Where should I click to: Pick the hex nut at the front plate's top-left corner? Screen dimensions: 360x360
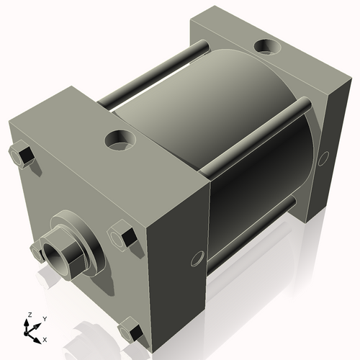tap(21, 155)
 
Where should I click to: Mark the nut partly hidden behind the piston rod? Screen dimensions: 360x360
tap(37, 251)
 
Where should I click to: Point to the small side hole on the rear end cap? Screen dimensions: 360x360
tap(323, 156)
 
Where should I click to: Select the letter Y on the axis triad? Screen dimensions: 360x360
tap(44, 318)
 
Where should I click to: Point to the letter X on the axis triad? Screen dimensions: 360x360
tap(45, 338)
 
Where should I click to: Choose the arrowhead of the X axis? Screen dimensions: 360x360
tap(38, 336)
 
